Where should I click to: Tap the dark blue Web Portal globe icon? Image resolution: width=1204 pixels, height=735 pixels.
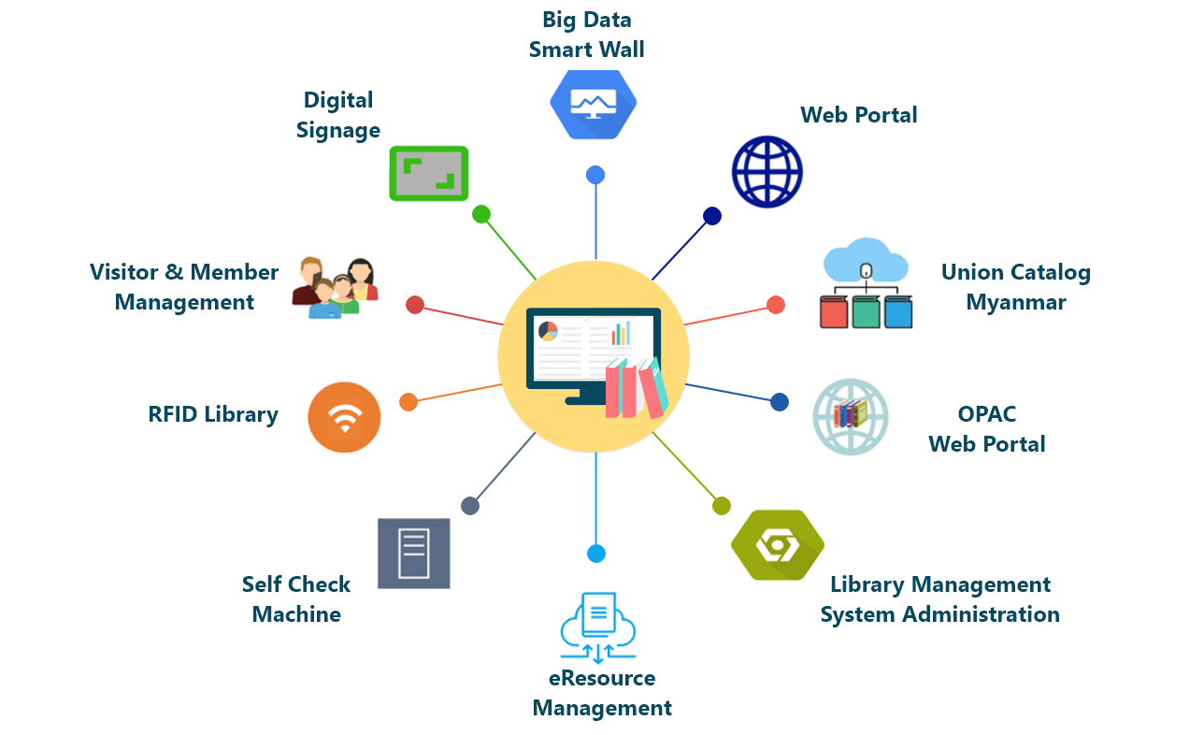767,172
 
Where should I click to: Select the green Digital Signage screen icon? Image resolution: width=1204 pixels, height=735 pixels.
428,173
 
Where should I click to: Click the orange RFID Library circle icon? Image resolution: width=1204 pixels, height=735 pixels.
344,417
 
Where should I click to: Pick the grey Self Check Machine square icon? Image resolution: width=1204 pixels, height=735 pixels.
413,554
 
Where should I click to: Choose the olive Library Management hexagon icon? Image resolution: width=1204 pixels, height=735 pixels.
777,545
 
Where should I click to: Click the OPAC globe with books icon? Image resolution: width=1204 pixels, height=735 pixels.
850,416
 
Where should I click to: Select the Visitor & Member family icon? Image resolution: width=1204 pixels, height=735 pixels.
335,287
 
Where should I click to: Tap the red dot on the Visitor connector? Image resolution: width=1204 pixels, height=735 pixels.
415,305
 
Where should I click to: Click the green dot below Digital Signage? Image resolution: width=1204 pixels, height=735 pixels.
481,214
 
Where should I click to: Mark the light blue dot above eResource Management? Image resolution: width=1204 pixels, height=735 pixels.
596,554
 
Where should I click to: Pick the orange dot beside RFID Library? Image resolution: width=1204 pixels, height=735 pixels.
408,402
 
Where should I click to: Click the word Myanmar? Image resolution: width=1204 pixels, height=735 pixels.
1015,303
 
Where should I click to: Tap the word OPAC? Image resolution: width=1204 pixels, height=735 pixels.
986,414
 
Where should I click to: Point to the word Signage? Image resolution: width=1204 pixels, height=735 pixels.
338,131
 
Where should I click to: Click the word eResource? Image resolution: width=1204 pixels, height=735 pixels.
602,678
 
